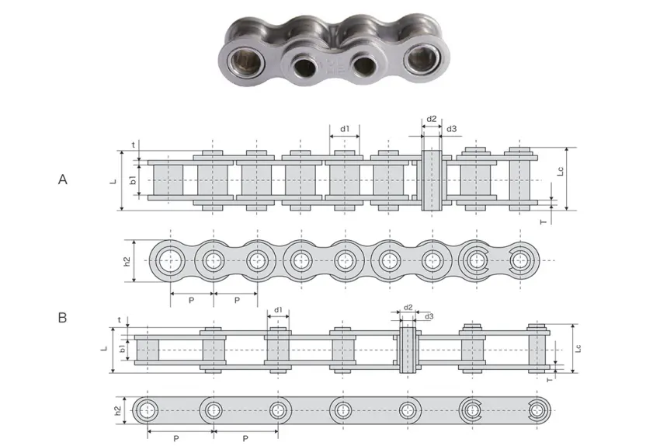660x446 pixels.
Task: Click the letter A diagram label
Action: click(x=63, y=179)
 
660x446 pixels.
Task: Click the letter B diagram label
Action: click(x=62, y=318)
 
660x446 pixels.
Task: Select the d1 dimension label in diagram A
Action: click(x=345, y=128)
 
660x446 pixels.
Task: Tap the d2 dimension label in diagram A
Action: click(x=432, y=120)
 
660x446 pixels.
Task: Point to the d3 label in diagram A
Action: click(x=451, y=129)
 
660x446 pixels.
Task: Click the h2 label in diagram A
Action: click(x=127, y=262)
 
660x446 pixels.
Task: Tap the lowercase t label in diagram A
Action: click(x=134, y=145)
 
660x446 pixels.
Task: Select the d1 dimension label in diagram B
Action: click(x=277, y=310)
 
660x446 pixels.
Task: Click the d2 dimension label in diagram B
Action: click(x=408, y=308)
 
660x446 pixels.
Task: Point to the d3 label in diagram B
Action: click(x=429, y=316)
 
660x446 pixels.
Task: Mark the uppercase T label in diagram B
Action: click(x=549, y=380)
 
